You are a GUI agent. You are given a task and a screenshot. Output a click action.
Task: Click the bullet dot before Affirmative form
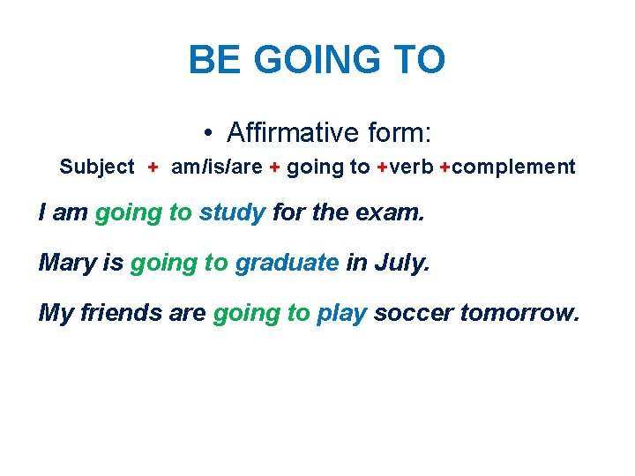click(x=205, y=134)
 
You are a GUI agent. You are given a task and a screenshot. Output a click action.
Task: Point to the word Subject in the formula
click(x=97, y=167)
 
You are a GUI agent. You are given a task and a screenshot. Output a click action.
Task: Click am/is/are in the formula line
click(x=216, y=167)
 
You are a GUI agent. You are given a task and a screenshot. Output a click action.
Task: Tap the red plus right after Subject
click(x=153, y=167)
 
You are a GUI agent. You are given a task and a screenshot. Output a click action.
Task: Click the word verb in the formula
click(x=412, y=167)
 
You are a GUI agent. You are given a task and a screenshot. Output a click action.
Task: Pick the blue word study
click(x=232, y=212)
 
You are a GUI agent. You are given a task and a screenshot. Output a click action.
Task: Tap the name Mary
click(x=67, y=262)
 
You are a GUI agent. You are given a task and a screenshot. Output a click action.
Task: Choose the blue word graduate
click(x=287, y=263)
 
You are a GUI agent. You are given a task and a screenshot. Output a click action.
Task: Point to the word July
click(x=405, y=262)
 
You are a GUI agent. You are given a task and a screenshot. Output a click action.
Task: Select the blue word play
click(x=341, y=314)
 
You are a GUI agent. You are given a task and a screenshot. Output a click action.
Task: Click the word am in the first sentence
click(x=69, y=212)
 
